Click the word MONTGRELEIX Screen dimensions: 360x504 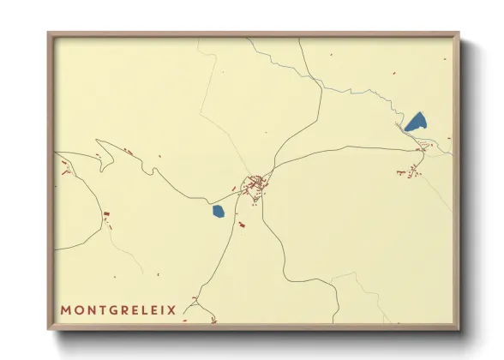point(118,309)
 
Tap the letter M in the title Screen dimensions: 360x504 point(66,309)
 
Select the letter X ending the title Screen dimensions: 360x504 point(171,309)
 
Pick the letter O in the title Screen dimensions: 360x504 point(77,309)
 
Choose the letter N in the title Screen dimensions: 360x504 point(87,309)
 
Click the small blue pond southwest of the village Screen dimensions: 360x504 point(219,210)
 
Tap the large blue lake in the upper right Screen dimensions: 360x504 point(417,122)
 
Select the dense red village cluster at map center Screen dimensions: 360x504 point(255,184)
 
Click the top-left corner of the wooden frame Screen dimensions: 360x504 point(49,33)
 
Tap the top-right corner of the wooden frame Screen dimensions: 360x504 point(458,33)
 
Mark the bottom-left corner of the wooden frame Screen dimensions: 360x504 point(49,329)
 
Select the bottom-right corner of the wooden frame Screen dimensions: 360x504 point(458,329)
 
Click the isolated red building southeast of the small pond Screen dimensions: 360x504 point(242,225)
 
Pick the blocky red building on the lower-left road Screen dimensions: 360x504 point(106,214)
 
